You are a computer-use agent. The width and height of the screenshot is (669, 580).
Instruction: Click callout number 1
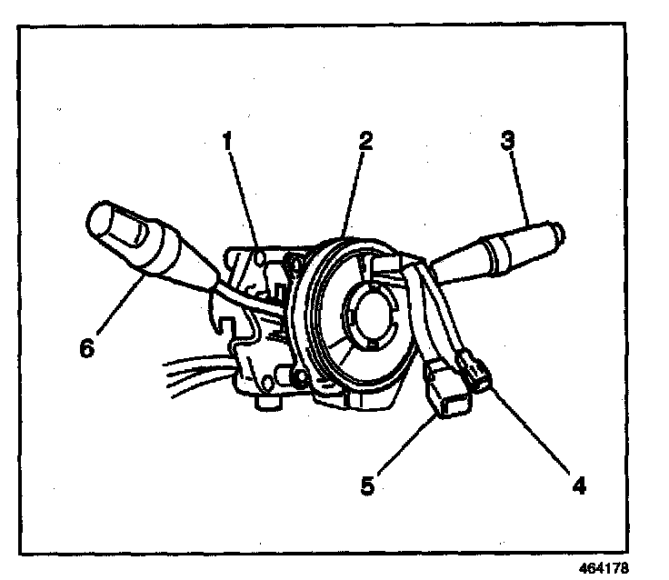[227, 142]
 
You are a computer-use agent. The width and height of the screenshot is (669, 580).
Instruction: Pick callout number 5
[366, 485]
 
